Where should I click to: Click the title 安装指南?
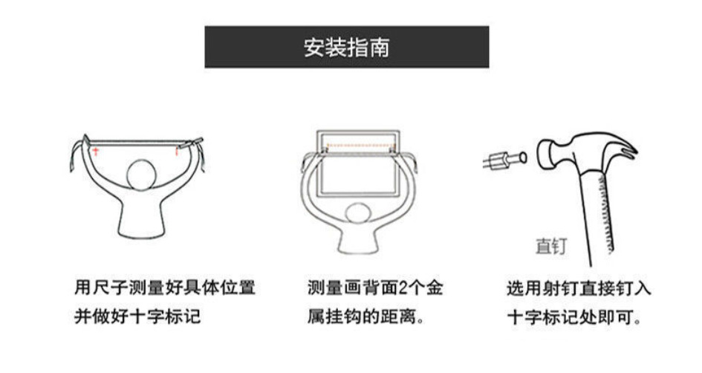coord(346,48)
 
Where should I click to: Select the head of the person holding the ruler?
coord(142,175)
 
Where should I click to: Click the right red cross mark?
coord(177,150)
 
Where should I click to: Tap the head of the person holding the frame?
coord(358,216)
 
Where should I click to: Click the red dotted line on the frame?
coord(358,146)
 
